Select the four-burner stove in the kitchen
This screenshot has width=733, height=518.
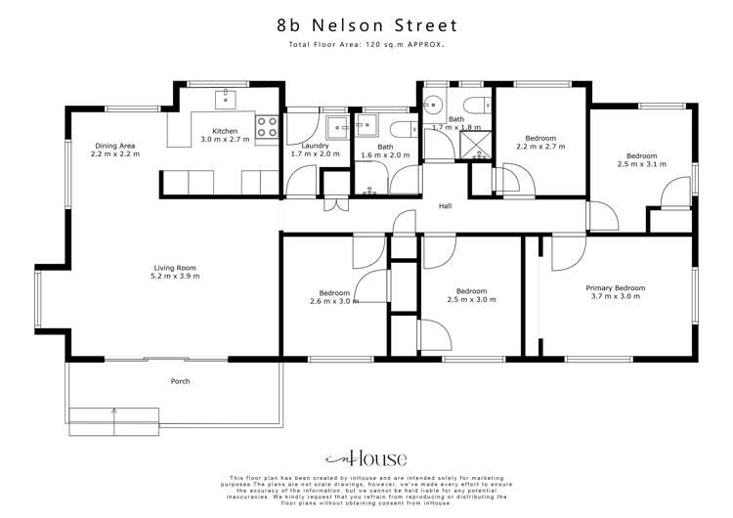(x=266, y=126)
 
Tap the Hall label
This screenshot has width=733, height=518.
(x=445, y=206)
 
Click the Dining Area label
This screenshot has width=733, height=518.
(x=112, y=146)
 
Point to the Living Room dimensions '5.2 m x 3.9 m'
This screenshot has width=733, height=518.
(x=176, y=277)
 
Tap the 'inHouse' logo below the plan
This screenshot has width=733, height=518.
(x=366, y=458)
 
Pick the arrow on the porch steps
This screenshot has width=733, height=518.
(x=115, y=418)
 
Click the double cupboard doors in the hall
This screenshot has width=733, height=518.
(x=336, y=206)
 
